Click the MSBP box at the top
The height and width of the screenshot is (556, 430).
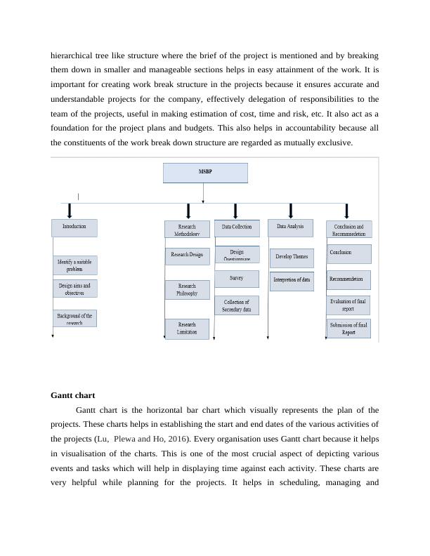(x=205, y=173)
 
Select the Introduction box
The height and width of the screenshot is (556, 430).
(x=74, y=227)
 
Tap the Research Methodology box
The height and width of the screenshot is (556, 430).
(x=187, y=230)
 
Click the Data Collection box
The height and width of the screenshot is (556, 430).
(x=236, y=227)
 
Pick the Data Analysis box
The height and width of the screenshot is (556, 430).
(x=291, y=227)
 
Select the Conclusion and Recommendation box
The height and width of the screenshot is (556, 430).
(x=348, y=230)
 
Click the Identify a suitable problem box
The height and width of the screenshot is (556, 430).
(x=74, y=265)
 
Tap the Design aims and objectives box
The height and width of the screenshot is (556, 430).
(x=74, y=289)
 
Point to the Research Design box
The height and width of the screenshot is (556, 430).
(x=187, y=255)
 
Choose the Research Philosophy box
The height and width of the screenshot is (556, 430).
(x=187, y=290)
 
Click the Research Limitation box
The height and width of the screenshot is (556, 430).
(x=187, y=328)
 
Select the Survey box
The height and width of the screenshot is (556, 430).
(x=236, y=279)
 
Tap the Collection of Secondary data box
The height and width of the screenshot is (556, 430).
(x=236, y=305)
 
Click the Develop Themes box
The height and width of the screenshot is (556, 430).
(x=292, y=257)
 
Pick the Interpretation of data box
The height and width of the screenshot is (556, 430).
(x=292, y=279)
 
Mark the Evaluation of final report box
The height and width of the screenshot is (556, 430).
(x=348, y=305)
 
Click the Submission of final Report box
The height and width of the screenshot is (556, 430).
(x=348, y=329)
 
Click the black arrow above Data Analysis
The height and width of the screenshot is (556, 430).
(x=291, y=211)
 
